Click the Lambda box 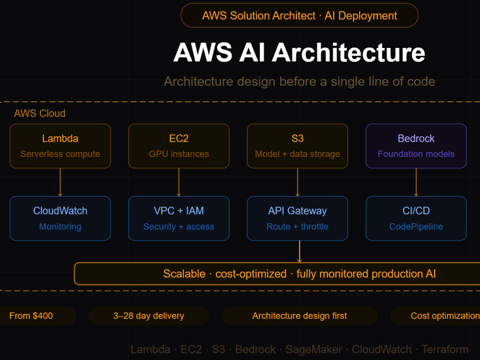point(60,146)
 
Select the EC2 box point(179,146)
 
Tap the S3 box point(298,146)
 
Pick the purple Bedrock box point(416,146)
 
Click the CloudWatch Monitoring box point(60,218)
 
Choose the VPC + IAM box point(179,218)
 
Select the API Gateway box point(298,218)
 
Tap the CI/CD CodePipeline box point(416,218)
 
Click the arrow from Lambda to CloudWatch point(60,182)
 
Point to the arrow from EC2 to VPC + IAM point(179,182)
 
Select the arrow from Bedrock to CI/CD point(416,182)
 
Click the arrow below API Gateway point(300,252)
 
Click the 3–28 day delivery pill point(149,316)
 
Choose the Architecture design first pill point(300,316)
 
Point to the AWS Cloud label point(39,113)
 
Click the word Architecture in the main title point(348,52)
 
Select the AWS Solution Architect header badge point(300,15)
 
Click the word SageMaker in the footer point(313,349)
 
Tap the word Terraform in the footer point(445,349)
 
